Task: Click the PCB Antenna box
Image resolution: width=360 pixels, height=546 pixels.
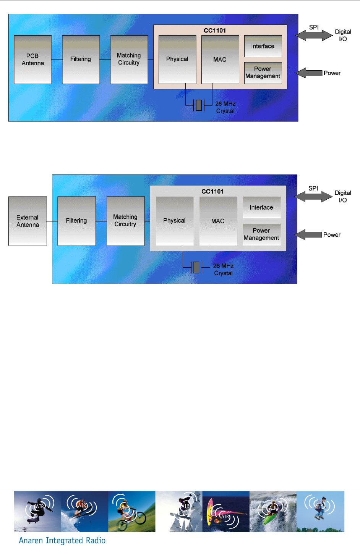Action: [32, 60]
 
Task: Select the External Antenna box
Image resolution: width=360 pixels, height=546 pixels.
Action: [28, 221]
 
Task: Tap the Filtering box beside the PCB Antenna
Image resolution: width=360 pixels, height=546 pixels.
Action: [81, 60]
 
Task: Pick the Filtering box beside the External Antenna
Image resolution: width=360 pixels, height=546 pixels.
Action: [76, 221]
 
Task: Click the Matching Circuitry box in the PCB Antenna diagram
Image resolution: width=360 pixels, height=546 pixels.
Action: [129, 60]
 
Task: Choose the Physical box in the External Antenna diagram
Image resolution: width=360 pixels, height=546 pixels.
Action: [174, 221]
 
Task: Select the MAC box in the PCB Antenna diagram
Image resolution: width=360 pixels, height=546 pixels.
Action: [220, 60]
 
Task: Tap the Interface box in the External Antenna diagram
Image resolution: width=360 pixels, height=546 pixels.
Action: [261, 207]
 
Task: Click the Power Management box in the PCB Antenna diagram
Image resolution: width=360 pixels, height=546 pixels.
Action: [263, 73]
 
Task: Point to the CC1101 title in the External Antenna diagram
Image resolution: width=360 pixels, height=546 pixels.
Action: [212, 191]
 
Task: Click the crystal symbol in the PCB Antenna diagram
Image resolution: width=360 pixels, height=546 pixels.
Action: [199, 105]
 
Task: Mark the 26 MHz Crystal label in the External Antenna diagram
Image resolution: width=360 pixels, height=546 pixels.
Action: [223, 270]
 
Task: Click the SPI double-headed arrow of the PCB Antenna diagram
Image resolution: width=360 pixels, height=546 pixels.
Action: [314, 35]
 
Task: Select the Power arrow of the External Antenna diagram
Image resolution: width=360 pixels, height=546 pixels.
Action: [309, 235]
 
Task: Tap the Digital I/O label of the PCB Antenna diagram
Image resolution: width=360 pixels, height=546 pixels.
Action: [343, 35]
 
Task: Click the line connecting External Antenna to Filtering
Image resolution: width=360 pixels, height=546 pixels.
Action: [52, 221]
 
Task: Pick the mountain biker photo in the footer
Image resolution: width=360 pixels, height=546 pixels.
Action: [132, 512]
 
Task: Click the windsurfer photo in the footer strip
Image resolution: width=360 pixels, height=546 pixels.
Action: [226, 512]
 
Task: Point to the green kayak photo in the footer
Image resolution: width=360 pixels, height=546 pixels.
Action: [273, 512]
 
